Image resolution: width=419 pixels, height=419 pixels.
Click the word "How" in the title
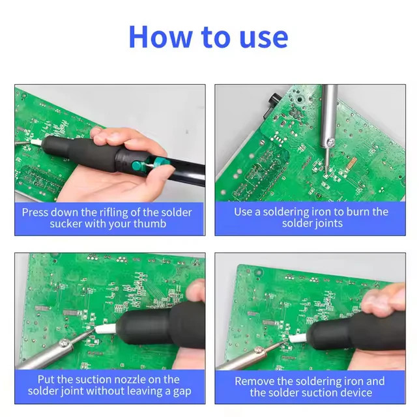pos(160,37)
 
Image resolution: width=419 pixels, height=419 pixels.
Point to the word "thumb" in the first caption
pos(150,224)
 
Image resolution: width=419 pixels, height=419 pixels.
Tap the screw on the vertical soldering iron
pos(331,142)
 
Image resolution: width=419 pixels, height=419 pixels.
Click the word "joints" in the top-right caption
pos(326,224)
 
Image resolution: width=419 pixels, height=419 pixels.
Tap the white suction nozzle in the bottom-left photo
pos(106,328)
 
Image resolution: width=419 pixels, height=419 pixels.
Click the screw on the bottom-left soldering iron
pos(65,343)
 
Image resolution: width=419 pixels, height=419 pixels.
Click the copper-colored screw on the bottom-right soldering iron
pos(259,350)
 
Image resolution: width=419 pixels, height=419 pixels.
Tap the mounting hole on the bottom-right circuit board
pos(258,272)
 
